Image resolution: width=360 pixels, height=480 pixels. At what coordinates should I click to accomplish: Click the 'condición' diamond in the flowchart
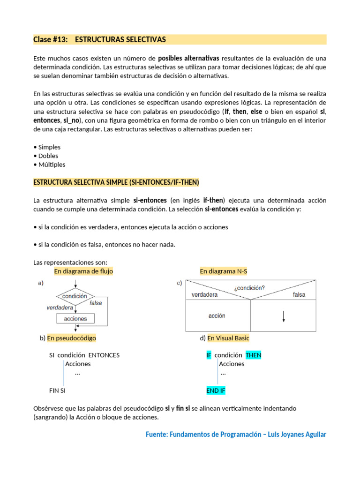point(75,296)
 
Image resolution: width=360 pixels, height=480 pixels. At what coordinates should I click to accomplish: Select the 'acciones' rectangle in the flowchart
point(75,319)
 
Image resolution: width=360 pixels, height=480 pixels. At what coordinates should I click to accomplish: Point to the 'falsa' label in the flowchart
point(96,303)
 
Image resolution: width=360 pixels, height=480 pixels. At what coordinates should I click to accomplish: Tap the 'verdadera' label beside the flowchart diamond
point(60,308)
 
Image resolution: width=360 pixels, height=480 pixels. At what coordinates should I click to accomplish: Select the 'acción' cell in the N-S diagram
point(217,316)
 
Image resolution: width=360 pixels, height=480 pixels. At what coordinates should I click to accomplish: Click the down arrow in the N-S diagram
point(284,317)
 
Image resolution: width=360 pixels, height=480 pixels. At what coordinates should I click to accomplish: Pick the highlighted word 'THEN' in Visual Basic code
point(253,355)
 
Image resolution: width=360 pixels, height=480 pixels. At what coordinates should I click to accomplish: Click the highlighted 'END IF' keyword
point(216,390)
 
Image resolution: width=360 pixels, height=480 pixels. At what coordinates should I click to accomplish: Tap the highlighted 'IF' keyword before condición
point(209,355)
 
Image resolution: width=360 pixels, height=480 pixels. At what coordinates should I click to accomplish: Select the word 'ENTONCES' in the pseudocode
point(104,355)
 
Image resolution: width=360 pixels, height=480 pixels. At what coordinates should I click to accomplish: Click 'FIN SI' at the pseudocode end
point(57,390)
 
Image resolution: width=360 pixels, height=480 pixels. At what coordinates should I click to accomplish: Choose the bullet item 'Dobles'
point(48,156)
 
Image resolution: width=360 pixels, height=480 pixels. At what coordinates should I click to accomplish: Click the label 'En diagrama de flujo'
point(83,271)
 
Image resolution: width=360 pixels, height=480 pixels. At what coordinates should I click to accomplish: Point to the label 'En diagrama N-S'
point(223,271)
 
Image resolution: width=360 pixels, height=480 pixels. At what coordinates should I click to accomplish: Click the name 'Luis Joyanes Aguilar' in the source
point(295,435)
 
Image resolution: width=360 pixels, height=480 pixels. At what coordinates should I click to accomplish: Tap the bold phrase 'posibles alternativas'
point(188,59)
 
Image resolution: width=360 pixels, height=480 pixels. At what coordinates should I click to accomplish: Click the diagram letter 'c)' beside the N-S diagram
point(180,283)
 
